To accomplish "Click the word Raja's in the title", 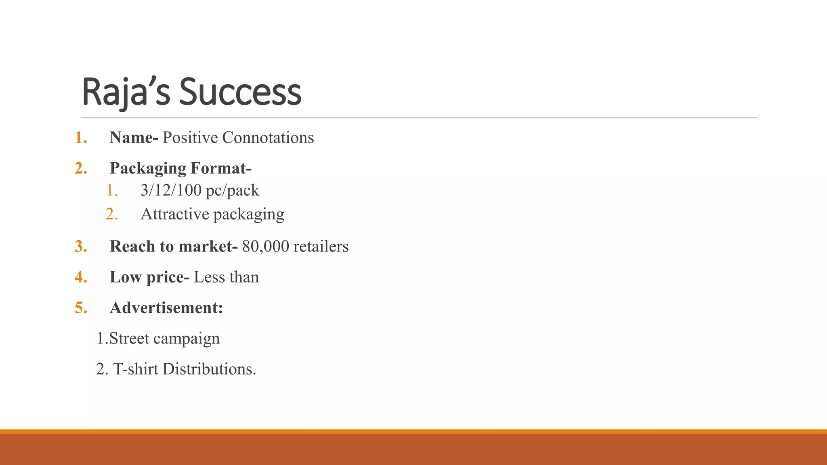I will tap(126, 92).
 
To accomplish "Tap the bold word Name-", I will tap(134, 138).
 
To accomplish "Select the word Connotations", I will tap(268, 138).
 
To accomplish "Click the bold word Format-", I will tap(221, 168).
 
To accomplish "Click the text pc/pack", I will tap(232, 191).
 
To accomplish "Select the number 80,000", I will tap(266, 246).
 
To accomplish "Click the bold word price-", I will tap(168, 277).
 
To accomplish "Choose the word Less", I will tap(209, 277).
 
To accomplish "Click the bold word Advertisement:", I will tap(166, 308).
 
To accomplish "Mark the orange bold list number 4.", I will tap(80, 277).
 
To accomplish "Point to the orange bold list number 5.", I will tap(80, 308).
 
